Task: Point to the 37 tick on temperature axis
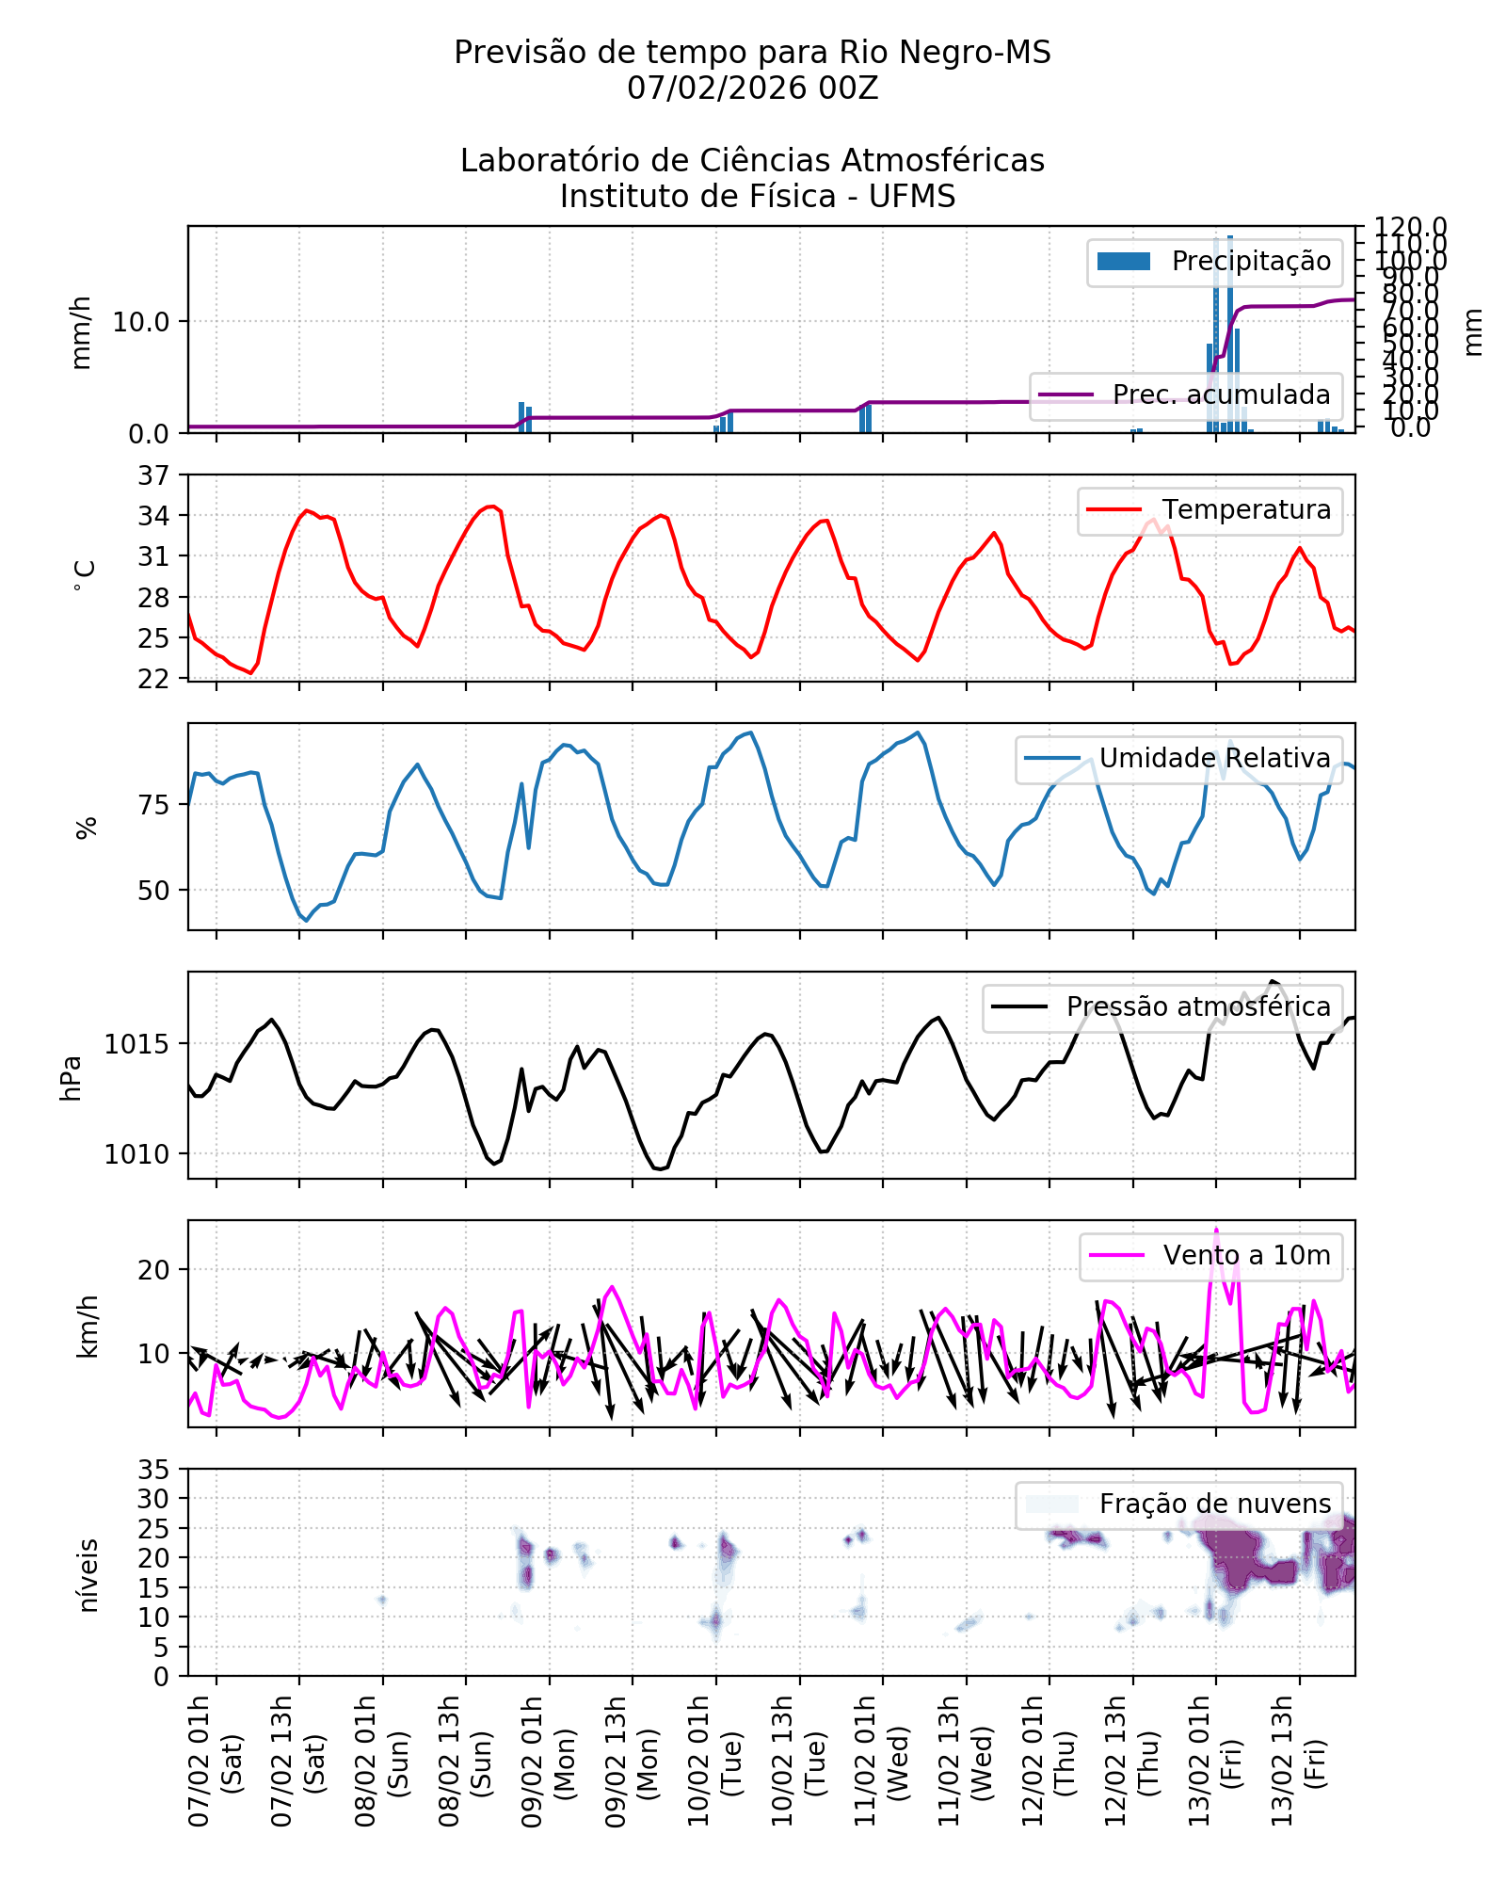click(153, 475)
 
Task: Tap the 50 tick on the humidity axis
click(153, 891)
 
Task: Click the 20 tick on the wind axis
click(153, 1270)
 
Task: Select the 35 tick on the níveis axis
click(153, 1470)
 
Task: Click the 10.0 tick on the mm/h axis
click(141, 322)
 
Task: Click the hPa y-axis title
click(72, 1078)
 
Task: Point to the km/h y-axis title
click(87, 1327)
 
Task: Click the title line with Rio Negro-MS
click(752, 53)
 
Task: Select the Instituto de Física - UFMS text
click(758, 197)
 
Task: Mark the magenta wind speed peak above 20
click(1216, 1230)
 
